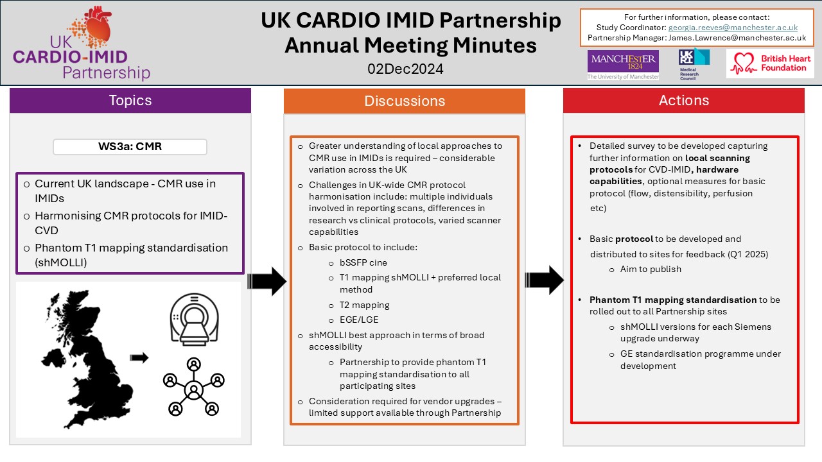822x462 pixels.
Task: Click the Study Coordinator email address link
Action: tap(733, 28)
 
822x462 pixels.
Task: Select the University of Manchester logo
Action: tap(623, 65)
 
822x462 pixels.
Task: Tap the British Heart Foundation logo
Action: tap(770, 64)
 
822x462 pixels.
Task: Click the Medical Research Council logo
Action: tap(694, 64)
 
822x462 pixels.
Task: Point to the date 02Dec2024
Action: tap(405, 69)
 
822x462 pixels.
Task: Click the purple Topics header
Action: tap(130, 101)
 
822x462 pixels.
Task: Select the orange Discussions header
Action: tap(405, 101)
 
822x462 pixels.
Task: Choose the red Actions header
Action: tap(684, 101)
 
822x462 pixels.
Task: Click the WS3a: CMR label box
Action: tap(130, 146)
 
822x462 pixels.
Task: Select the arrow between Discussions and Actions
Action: tap(544, 281)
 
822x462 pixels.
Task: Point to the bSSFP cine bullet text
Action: tap(363, 262)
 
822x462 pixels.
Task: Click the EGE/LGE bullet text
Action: tap(359, 319)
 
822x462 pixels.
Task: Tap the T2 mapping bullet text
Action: tap(364, 305)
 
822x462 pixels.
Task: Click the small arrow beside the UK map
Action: tap(139, 357)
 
